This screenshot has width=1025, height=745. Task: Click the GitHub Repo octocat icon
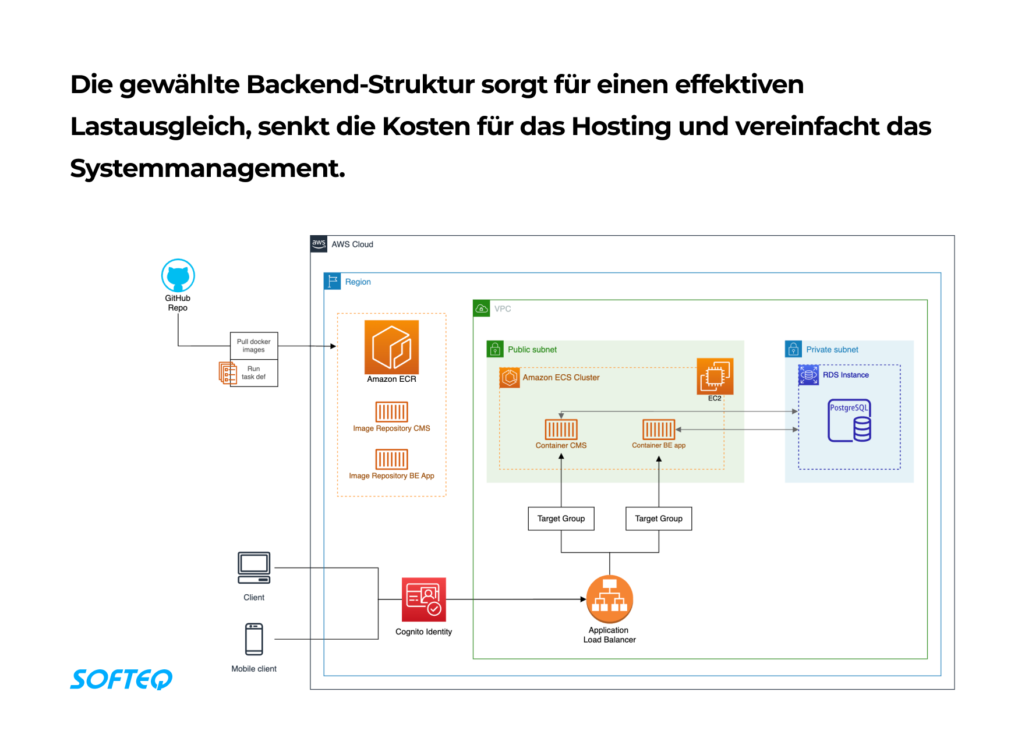(178, 275)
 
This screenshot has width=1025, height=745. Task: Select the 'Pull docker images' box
(254, 346)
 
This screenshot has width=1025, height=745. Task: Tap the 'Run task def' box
(254, 373)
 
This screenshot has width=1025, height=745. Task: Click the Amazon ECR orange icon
(391, 347)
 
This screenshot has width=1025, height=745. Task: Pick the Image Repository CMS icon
(391, 411)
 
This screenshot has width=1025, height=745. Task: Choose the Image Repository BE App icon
(391, 459)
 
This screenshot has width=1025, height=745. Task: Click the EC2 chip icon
(715, 377)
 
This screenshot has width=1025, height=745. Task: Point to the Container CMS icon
(561, 430)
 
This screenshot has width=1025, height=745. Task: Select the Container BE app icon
(658, 430)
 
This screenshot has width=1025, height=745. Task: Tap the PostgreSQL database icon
(850, 420)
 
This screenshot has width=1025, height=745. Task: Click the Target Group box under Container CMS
(561, 519)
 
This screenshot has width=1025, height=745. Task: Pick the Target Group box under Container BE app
(659, 519)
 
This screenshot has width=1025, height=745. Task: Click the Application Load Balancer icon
(609, 599)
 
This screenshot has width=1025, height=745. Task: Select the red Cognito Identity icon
(423, 599)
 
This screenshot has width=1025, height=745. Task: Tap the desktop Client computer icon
(254, 567)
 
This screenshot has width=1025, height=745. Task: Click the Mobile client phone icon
(254, 639)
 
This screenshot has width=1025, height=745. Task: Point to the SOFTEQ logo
(121, 679)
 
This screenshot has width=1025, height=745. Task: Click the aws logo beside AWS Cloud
(319, 244)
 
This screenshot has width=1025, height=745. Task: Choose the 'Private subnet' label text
(832, 350)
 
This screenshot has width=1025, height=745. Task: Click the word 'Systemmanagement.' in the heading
(208, 169)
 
